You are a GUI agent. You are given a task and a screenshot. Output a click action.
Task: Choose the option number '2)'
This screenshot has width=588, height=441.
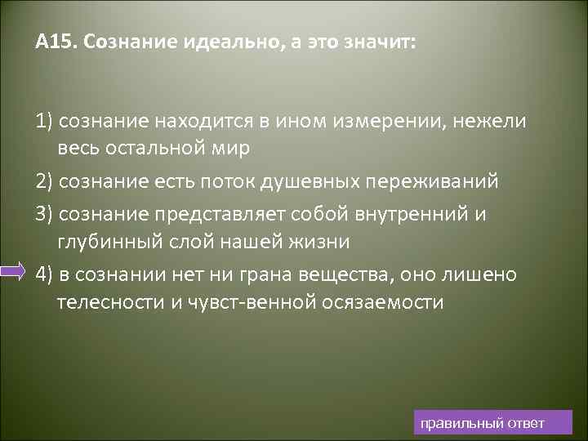pos(44,180)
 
